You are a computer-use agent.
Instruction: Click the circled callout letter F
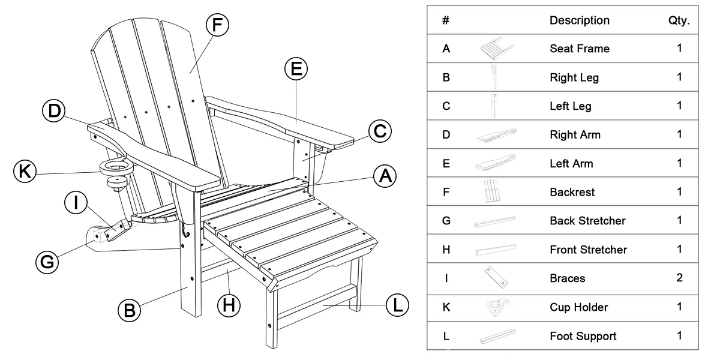[217, 25]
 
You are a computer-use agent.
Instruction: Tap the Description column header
[580, 20]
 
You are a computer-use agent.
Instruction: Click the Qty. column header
[679, 20]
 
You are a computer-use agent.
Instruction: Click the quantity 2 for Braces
[679, 278]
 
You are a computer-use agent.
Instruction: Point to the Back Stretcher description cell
[587, 221]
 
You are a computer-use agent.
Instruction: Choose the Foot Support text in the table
[583, 336]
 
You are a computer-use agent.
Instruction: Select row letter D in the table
[446, 134]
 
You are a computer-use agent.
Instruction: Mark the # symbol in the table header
[446, 20]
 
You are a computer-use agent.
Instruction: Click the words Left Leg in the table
[570, 106]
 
